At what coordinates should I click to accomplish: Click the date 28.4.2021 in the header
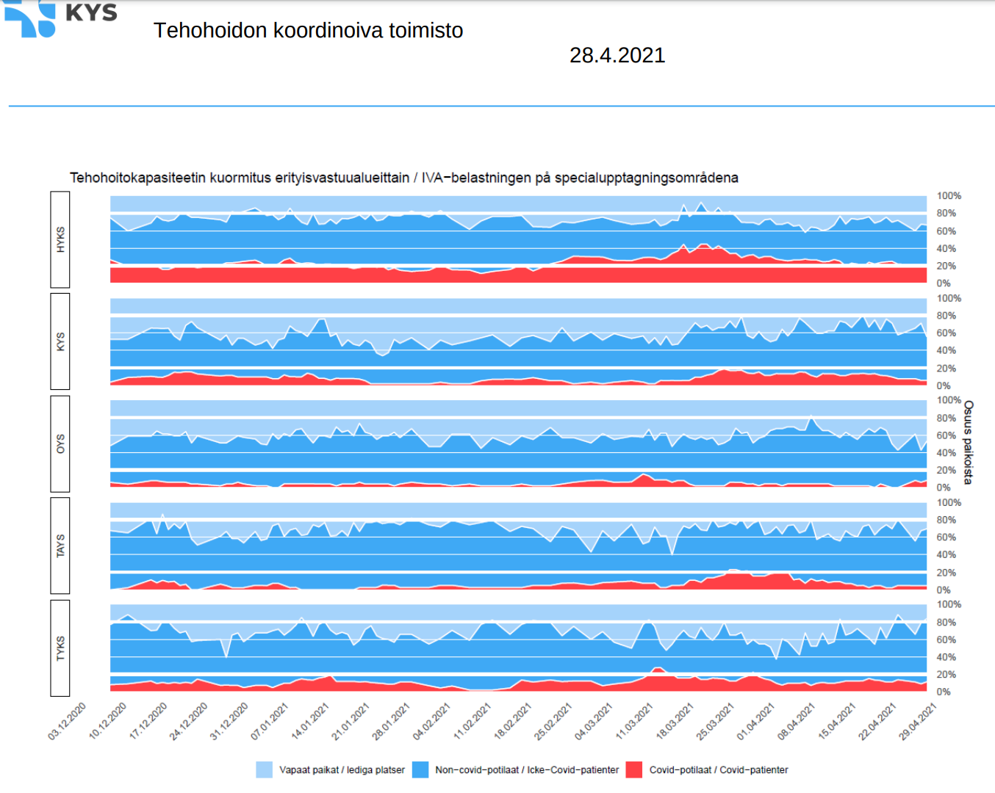click(617, 56)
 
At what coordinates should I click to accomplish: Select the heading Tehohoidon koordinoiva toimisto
click(308, 31)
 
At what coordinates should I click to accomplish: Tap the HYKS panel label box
click(60, 239)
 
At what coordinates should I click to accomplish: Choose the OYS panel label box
click(60, 443)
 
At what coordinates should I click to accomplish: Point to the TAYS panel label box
click(60, 546)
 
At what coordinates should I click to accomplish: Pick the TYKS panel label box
click(60, 648)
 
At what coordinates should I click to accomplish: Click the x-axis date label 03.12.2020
click(68, 721)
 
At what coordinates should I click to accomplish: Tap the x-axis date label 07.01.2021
click(270, 721)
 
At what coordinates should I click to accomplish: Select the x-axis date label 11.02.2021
click(473, 721)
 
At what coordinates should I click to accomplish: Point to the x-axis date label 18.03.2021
click(675, 721)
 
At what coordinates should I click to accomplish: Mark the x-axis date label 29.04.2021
click(918, 721)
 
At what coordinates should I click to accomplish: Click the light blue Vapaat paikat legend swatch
click(265, 770)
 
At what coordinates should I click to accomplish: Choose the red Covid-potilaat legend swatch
click(633, 770)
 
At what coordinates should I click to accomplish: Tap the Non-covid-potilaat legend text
click(527, 770)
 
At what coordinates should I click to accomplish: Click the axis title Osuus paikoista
click(969, 442)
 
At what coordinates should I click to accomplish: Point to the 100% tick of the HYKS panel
click(949, 196)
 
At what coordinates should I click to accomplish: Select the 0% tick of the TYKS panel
click(944, 692)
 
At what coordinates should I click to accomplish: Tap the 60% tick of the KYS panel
click(946, 333)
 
